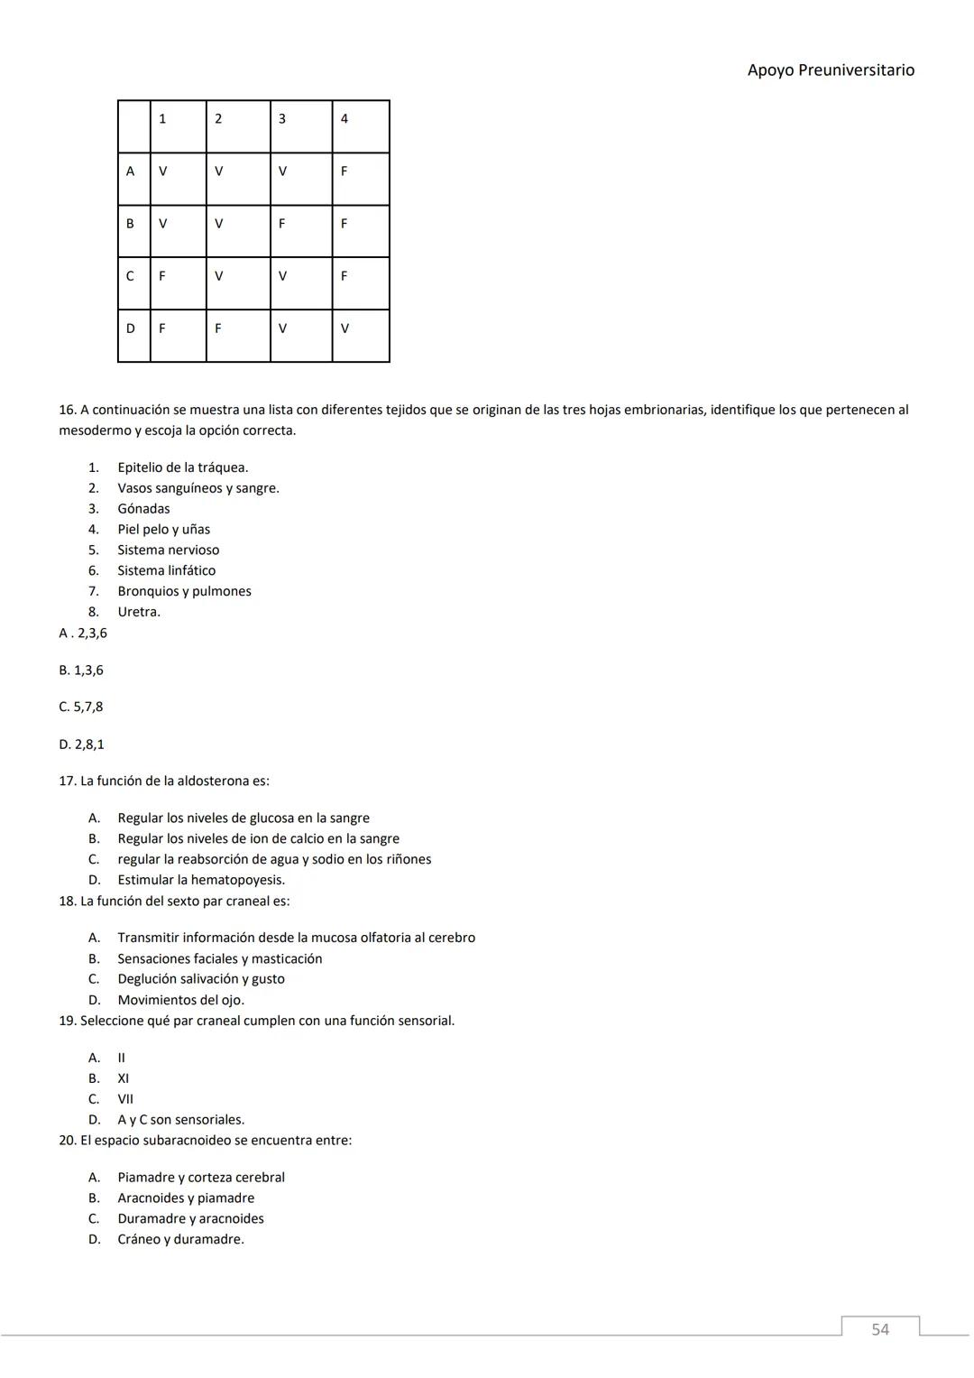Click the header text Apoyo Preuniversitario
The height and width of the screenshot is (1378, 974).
pyautogui.click(x=830, y=70)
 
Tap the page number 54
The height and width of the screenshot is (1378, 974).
pyautogui.click(x=879, y=1329)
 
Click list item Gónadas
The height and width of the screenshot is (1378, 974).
pyautogui.click(x=143, y=509)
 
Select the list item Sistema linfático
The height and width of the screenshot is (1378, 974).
pyautogui.click(x=166, y=570)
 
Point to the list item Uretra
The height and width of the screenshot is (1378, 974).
pyautogui.click(x=138, y=612)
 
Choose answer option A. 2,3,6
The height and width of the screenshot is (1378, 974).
pyautogui.click(x=83, y=634)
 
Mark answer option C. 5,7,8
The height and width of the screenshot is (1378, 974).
pyautogui.click(x=81, y=707)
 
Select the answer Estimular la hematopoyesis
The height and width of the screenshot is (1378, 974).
pyautogui.click(x=200, y=880)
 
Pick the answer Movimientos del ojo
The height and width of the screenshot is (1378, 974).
pyautogui.click(x=180, y=1000)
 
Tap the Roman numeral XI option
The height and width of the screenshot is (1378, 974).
pyautogui.click(x=123, y=1078)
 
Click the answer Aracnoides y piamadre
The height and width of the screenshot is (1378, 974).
pyautogui.click(x=186, y=1198)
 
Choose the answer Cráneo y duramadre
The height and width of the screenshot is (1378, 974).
pyautogui.click(x=180, y=1240)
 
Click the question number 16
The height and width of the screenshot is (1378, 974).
pyautogui.click(x=68, y=410)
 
